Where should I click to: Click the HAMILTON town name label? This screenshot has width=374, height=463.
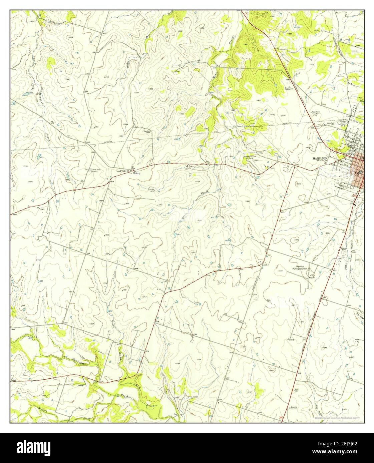(x=321, y=159)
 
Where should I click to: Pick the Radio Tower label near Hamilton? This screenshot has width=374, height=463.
(x=316, y=113)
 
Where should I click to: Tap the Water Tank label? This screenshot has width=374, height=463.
(x=330, y=123)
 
